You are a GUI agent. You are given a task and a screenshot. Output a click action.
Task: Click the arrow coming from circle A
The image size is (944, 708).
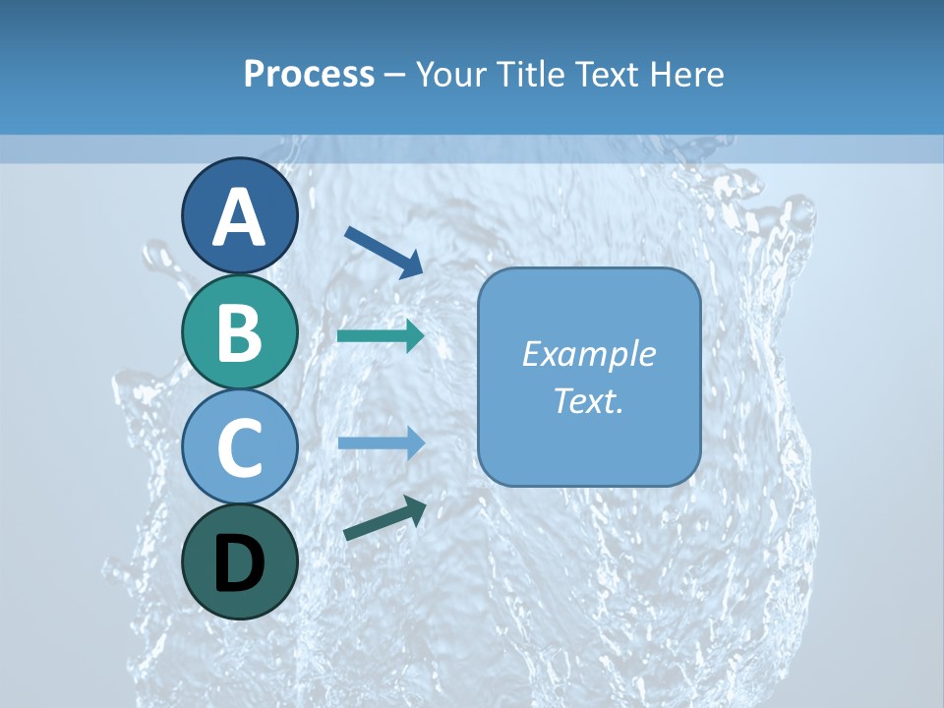383,251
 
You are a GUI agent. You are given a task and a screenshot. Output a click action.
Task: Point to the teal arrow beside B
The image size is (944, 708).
381,336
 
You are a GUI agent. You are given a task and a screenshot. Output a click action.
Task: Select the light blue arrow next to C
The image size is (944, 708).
381,443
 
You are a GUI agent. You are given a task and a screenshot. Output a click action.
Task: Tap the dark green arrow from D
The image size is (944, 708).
384,518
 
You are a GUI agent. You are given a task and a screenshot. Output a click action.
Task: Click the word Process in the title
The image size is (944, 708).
309,74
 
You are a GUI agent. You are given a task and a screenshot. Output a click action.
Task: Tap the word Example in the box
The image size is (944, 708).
588,354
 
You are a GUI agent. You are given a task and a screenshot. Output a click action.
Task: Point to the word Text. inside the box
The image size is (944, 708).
588,401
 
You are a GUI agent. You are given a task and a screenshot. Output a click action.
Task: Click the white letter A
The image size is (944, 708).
239,218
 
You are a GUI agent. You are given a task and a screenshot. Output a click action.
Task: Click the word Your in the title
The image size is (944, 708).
449,74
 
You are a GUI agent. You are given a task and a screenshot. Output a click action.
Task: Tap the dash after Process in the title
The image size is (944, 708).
394,75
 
